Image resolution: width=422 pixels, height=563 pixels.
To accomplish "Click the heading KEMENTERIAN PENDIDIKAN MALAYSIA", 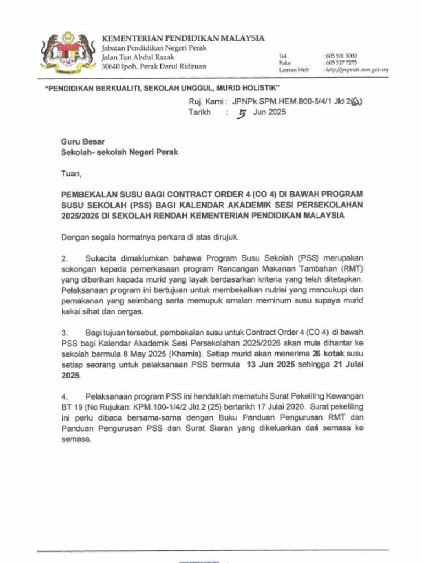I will coord(183,38).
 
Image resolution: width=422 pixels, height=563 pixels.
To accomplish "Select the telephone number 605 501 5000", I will coord(341,56).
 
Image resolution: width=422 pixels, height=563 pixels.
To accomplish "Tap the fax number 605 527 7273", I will coord(341,63).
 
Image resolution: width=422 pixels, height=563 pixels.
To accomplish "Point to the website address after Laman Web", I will coord(357,70).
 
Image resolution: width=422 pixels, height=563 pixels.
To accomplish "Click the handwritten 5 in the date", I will coord(241,113).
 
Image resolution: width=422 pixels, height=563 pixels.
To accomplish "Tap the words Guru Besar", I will coord(82,141).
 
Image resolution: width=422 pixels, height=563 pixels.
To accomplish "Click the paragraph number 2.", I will coord(64,258).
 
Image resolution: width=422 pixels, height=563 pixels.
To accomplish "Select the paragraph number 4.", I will coord(64,396).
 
